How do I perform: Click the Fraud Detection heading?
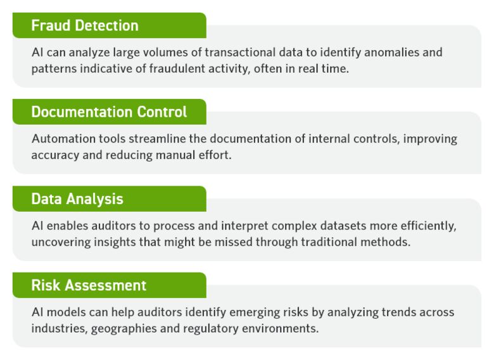[x=85, y=26]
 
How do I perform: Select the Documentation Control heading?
[x=109, y=112]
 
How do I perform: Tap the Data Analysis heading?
[x=77, y=199]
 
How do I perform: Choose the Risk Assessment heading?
[x=89, y=285]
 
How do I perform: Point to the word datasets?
[x=332, y=226]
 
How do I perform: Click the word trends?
[x=367, y=312]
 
